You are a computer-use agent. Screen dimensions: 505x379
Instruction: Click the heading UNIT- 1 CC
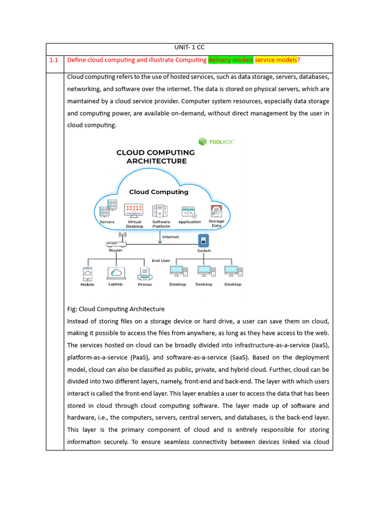[189, 48]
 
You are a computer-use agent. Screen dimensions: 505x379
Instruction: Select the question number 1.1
[54, 60]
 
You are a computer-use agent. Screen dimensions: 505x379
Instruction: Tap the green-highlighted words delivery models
[231, 60]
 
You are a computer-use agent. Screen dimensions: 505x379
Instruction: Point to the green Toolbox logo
[216, 142]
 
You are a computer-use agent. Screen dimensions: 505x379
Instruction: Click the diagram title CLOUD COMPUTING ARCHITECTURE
[155, 157]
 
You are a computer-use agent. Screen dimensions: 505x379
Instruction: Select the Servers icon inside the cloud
[108, 209]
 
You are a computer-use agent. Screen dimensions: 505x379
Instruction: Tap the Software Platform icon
[161, 211]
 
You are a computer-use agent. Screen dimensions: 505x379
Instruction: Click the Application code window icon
[189, 212]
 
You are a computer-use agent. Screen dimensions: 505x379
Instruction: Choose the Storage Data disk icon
[216, 211]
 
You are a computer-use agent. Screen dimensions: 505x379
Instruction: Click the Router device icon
[116, 243]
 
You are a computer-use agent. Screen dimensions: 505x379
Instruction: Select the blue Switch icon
[203, 241]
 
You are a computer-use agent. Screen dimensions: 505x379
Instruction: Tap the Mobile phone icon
[87, 273]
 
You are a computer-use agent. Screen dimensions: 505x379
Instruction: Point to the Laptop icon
[115, 273]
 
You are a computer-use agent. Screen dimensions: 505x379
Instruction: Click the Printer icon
[145, 273]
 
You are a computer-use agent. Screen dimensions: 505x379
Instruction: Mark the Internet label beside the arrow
[171, 237]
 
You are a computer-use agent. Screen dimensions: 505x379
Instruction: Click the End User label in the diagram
[161, 260]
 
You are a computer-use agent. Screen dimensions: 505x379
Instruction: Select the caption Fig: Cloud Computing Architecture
[115, 309]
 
